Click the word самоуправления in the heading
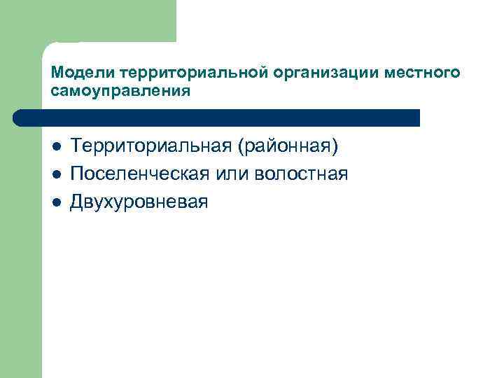point(120,92)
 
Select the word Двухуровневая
point(139,202)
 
